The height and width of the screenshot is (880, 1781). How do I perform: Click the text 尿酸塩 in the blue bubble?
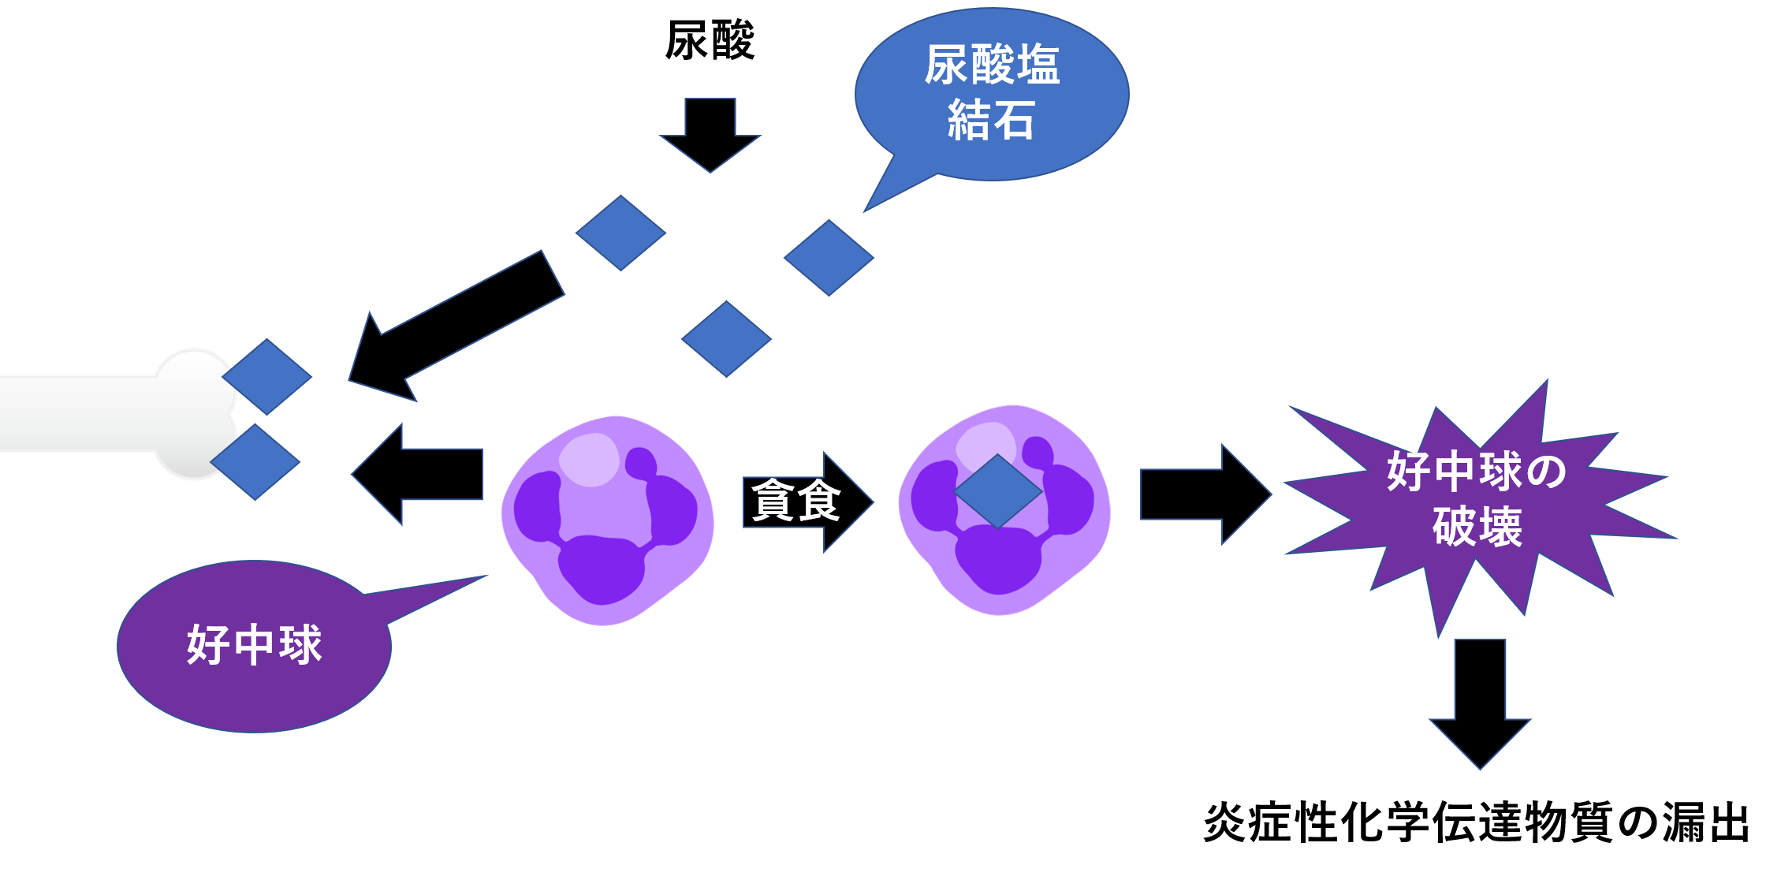pos(992,65)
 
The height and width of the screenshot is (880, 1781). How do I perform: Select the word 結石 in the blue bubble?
pos(991,121)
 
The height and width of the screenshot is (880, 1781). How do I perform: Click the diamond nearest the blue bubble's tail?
pos(829,258)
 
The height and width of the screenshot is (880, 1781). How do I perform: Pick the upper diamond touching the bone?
pos(267,377)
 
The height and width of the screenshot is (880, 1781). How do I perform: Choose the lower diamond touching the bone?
pos(255,462)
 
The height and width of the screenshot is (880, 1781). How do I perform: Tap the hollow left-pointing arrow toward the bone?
pos(418,474)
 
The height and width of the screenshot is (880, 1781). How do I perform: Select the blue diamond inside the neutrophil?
pos(998,490)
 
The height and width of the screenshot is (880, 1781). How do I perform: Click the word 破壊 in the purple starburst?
pos(1477,528)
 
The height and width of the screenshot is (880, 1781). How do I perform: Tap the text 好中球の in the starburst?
pos(1477,472)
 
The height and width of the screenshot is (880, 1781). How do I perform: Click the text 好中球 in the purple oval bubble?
pos(254,645)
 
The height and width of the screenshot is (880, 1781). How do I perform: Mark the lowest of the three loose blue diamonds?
pos(726,339)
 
